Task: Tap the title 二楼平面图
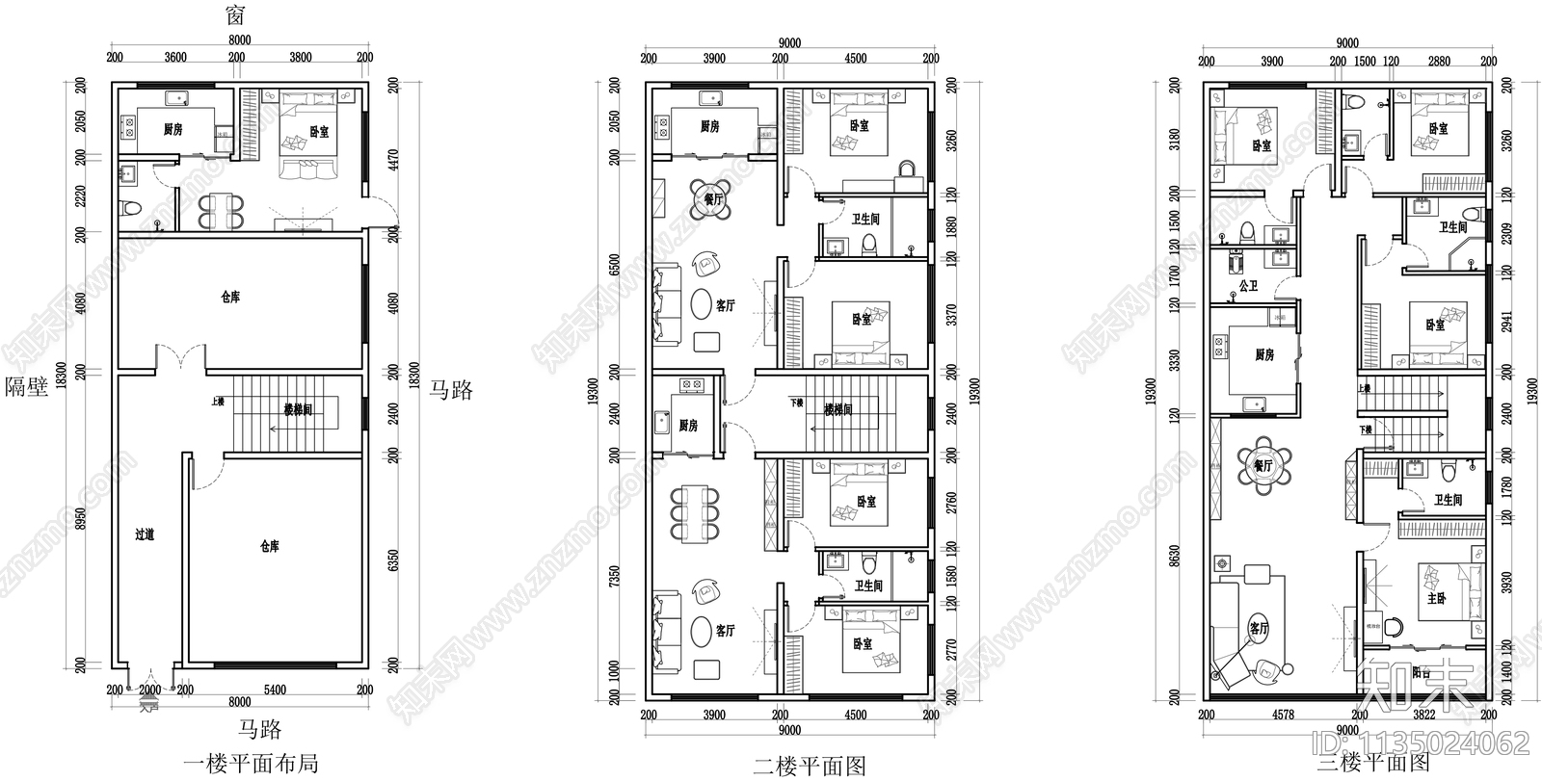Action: (810, 765)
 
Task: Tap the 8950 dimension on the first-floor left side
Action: (80, 520)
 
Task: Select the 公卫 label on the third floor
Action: (1248, 286)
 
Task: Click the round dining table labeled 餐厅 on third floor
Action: (1263, 465)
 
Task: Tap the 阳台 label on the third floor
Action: (1421, 673)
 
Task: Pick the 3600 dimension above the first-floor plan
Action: (175, 58)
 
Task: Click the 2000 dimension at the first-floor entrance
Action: (149, 690)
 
